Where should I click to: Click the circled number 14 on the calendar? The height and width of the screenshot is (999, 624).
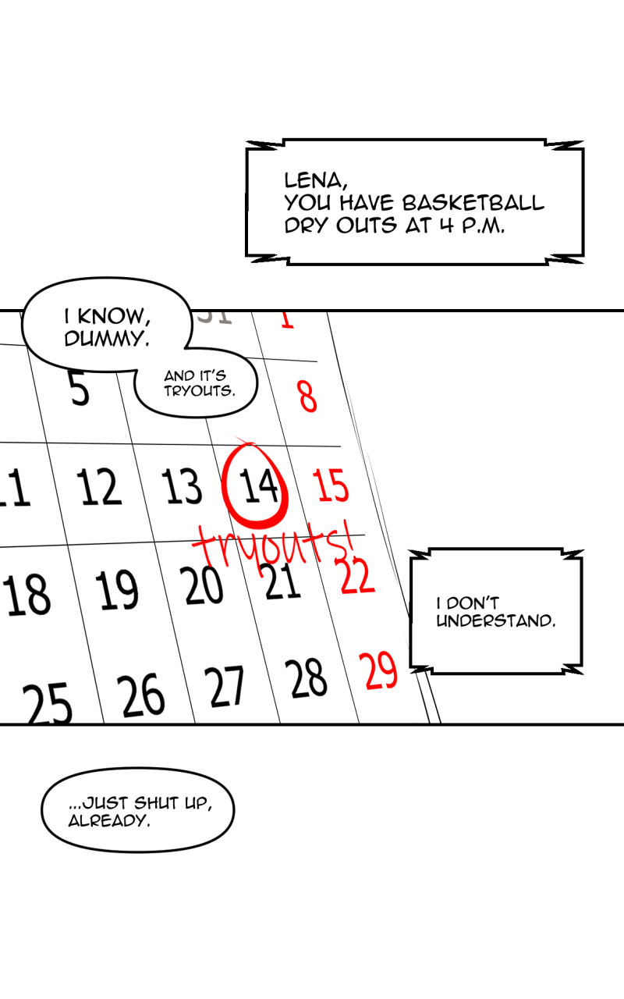[x=258, y=485]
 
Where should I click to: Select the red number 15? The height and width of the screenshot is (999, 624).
[x=330, y=485]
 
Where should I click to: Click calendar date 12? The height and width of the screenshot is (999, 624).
[x=99, y=486]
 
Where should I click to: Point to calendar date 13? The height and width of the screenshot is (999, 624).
[x=182, y=485]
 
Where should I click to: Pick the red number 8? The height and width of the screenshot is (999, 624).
[x=307, y=396]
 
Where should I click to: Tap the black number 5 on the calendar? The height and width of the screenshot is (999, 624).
[x=79, y=388]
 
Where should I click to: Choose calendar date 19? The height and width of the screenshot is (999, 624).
[x=117, y=589]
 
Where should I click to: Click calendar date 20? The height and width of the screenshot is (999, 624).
[x=201, y=585]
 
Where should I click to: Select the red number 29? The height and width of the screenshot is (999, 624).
[x=378, y=670]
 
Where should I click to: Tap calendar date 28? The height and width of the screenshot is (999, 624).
[x=306, y=678]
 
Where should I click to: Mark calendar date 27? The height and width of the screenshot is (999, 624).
[x=224, y=687]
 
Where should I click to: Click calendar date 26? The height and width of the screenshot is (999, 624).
[x=141, y=695]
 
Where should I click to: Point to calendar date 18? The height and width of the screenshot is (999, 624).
[x=27, y=595]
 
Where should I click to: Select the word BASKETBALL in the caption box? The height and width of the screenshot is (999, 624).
[x=473, y=203]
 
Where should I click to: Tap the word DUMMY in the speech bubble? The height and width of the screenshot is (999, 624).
[x=107, y=339]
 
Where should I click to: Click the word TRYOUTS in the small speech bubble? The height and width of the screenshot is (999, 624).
[x=199, y=391]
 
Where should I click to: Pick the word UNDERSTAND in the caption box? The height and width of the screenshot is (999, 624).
[x=496, y=620]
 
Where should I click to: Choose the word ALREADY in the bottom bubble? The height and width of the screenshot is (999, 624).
[x=109, y=821]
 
